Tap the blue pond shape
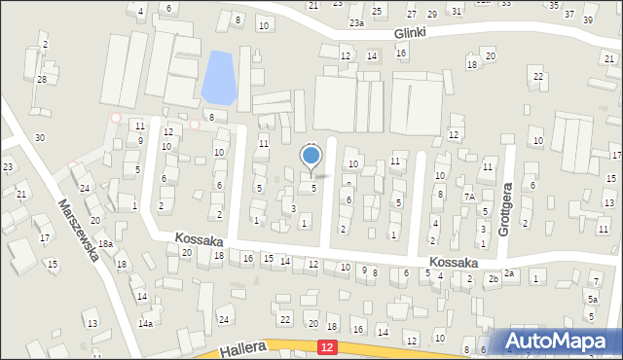(x=219, y=78)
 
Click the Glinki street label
(x=412, y=32)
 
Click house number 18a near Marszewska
(x=105, y=244)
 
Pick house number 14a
(x=145, y=323)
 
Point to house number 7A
(x=468, y=198)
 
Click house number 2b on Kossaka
(x=494, y=279)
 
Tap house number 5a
(x=591, y=300)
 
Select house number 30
(x=39, y=137)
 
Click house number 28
(x=41, y=79)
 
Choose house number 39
(x=587, y=19)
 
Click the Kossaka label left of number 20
(x=200, y=239)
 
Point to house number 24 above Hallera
(x=224, y=319)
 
